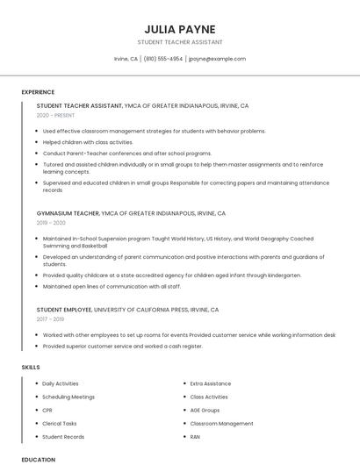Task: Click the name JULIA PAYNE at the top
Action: [x=180, y=29]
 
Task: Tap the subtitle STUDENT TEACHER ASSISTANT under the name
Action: [x=180, y=42]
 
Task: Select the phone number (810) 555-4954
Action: [x=163, y=59]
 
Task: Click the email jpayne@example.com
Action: [x=217, y=59]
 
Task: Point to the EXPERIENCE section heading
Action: [x=38, y=92]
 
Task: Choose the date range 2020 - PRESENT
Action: [x=55, y=116]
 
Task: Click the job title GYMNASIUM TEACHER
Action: [x=68, y=213]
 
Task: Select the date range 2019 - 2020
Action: [x=52, y=223]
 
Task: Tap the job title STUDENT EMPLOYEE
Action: [x=64, y=310]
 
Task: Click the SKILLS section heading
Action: [x=31, y=366]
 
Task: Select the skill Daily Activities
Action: [x=61, y=383]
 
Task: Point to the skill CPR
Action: [x=47, y=410]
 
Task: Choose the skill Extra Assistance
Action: [x=211, y=383]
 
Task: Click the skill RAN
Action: [x=195, y=436]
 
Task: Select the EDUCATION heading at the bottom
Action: [x=38, y=459]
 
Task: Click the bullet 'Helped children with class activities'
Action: [x=88, y=142]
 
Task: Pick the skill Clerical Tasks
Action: [x=60, y=423]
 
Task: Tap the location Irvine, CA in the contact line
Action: [x=126, y=59]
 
